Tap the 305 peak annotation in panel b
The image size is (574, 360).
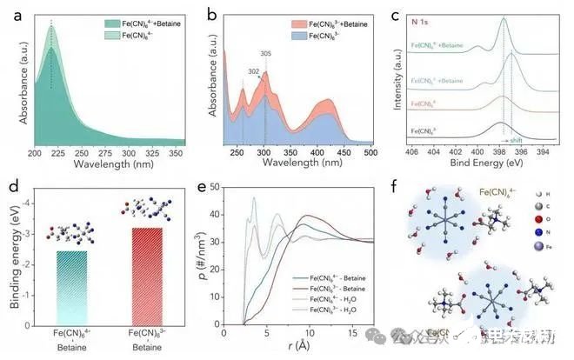pos(265,53)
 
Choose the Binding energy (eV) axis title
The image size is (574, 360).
pos(11,261)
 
